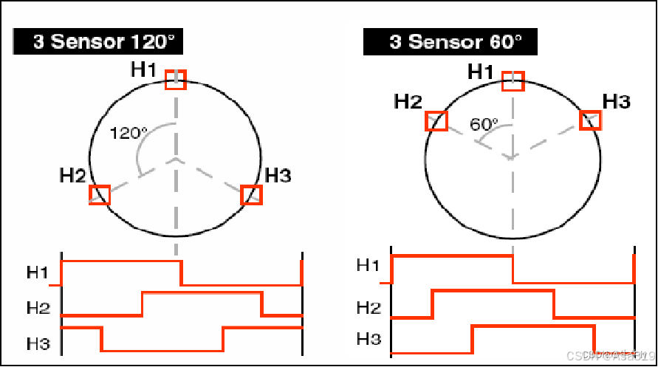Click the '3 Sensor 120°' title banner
pos(97,42)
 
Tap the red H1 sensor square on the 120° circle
pos(176,80)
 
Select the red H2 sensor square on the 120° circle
pos(100,194)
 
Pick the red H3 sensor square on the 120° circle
pos(252,194)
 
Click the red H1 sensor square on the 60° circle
pos(513,81)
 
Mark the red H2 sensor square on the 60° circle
pos(436,120)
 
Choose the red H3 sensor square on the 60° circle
pos(589,120)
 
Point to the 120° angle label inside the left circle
pos(128,134)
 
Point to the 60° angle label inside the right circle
pos(484,124)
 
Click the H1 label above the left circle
pos(144,69)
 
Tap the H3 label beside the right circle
pos(617,101)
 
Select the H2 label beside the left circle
pos(73,176)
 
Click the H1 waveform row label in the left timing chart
pos(38,272)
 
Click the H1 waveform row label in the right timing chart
pos(368,265)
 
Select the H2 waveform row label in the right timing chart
pos(368,306)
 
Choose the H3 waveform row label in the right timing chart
pos(368,339)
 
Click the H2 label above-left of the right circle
pos(408,101)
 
